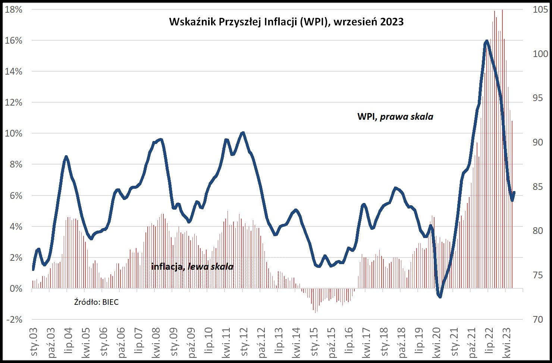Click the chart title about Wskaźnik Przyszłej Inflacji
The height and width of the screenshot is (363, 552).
[x=286, y=22]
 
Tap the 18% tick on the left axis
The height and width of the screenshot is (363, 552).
[x=14, y=10]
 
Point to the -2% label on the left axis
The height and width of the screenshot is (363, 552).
[x=14, y=320]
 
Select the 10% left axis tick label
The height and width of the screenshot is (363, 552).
[x=14, y=134]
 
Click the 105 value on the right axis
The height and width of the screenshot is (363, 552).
[x=540, y=10]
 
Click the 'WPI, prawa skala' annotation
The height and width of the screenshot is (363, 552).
[x=395, y=117]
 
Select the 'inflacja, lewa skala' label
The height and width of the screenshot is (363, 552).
[x=192, y=267]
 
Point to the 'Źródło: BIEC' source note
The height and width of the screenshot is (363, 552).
[x=96, y=302]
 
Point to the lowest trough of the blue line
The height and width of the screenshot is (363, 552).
[x=440, y=297]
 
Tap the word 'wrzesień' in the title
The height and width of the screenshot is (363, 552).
[x=356, y=22]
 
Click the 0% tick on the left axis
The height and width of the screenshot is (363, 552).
[x=15, y=289]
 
